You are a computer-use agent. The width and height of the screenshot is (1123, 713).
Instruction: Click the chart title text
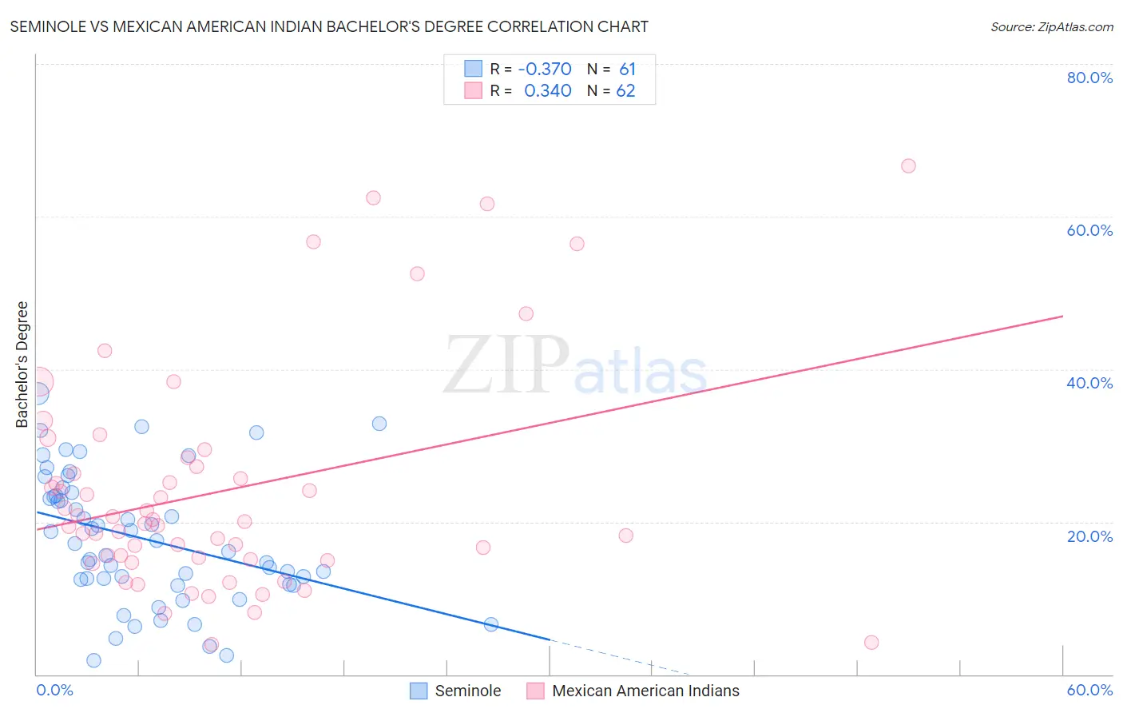pyautogui.click(x=329, y=26)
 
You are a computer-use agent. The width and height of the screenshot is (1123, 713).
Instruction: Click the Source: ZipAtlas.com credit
pyautogui.click(x=1051, y=26)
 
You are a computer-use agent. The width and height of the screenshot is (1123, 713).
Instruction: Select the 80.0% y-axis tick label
pyautogui.click(x=1089, y=78)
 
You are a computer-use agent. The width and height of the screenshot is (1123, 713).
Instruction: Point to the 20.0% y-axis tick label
pyautogui.click(x=1089, y=536)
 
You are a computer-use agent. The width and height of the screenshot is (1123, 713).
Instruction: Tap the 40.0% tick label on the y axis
pyautogui.click(x=1089, y=383)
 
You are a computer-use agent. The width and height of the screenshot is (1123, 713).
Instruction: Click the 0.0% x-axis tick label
pyautogui.click(x=54, y=690)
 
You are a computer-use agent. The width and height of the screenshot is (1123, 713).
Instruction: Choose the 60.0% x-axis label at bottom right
pyautogui.click(x=1089, y=690)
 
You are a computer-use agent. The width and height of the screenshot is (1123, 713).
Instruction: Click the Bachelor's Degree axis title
pyautogui.click(x=22, y=364)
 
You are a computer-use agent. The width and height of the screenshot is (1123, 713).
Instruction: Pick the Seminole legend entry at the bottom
pyautogui.click(x=467, y=691)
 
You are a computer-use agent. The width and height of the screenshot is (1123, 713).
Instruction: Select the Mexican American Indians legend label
pyautogui.click(x=645, y=691)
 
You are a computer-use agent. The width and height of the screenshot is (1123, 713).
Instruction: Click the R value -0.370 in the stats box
pyautogui.click(x=545, y=70)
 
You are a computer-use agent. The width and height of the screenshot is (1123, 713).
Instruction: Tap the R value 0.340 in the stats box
pyautogui.click(x=547, y=91)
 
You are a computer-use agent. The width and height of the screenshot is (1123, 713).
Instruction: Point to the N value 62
pyautogui.click(x=625, y=91)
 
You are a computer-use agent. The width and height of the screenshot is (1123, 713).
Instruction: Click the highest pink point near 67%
pyautogui.click(x=908, y=166)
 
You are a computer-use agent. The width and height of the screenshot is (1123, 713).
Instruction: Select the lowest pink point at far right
pyautogui.click(x=871, y=643)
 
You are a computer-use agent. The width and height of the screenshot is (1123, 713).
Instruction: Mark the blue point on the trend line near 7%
pyautogui.click(x=491, y=624)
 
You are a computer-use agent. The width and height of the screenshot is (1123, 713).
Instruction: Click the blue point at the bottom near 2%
pyautogui.click(x=93, y=660)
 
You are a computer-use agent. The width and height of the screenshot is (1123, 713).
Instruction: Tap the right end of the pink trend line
pyautogui.click(x=1062, y=317)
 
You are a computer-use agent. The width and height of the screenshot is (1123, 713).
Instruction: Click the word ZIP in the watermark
pyautogui.click(x=506, y=366)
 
